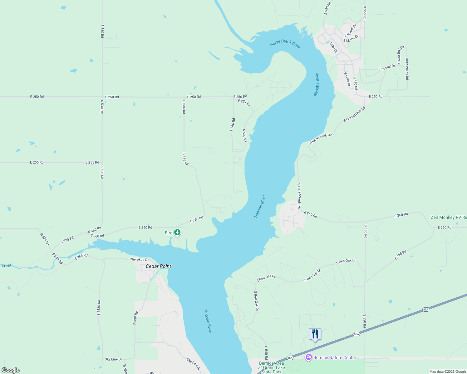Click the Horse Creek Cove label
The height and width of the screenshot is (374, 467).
pyautogui.click(x=285, y=44)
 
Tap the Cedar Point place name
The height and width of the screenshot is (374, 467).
pyautogui.click(x=159, y=266)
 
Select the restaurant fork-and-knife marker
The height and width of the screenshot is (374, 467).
pyautogui.click(x=315, y=334)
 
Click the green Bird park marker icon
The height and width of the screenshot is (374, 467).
pyautogui.click(x=177, y=233)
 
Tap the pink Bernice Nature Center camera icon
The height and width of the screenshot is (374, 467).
pyautogui.click(x=309, y=357)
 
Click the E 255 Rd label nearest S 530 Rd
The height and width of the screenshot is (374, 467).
pyautogui.click(x=92, y=162)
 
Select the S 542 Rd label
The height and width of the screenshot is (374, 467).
pyautogui.click(x=244, y=136)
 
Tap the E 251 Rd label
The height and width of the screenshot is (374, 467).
pyautogui.click(x=244, y=103)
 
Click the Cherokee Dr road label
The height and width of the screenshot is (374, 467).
pyautogui.click(x=139, y=260)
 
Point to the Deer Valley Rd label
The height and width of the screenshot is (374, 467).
pyautogui.click(x=407, y=69)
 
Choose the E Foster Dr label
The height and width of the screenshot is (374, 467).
pyautogui.click(x=387, y=67)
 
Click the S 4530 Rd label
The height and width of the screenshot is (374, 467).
pyautogui.click(x=99, y=308)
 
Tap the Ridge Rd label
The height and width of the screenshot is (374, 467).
pyautogui.click(x=135, y=318)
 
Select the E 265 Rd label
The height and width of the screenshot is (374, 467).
pyautogui.click(x=401, y=255)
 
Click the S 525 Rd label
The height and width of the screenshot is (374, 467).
pyautogui.click(x=45, y=239)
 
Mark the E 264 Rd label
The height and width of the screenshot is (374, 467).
pyautogui.click(x=81, y=257)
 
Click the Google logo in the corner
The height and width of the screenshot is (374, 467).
pyautogui.click(x=11, y=370)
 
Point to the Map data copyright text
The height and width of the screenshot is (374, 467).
pyautogui.click(x=447, y=372)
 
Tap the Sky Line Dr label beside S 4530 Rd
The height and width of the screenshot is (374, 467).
pyautogui.click(x=113, y=359)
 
